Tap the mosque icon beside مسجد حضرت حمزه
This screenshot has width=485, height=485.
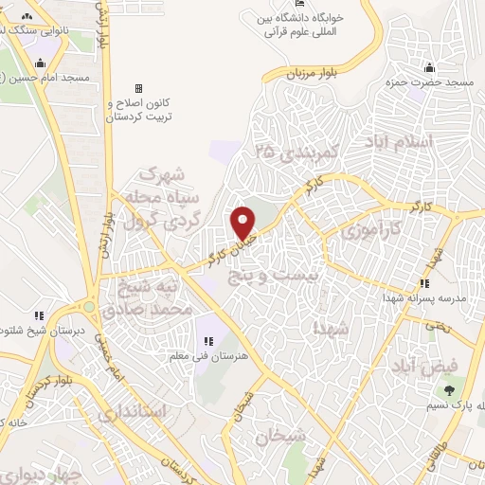(430, 67)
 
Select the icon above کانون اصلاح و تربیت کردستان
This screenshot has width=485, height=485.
(138, 88)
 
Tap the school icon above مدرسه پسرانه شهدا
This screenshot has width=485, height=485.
(425, 282)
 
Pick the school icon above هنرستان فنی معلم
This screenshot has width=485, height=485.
(207, 341)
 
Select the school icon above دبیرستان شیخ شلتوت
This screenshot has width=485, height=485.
(39, 315)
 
